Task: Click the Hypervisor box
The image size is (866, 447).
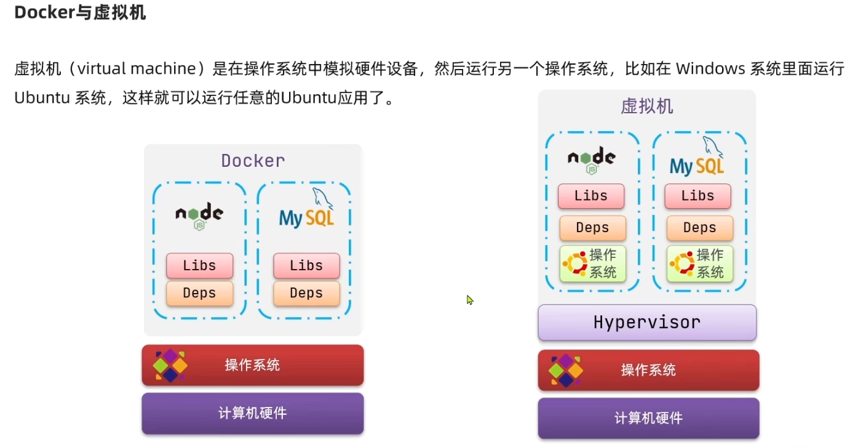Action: tap(647, 322)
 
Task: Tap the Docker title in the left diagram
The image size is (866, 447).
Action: tap(253, 161)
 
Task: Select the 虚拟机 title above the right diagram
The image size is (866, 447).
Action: tap(647, 107)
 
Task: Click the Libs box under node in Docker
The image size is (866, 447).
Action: tap(199, 265)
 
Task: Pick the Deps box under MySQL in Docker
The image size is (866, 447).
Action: tap(306, 293)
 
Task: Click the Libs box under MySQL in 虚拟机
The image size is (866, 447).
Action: tap(697, 196)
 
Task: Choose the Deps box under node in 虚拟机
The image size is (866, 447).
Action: tap(592, 228)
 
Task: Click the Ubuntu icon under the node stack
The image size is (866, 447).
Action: tap(574, 264)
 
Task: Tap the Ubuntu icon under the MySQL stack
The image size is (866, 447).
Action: tap(681, 264)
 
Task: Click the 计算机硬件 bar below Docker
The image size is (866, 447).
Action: tap(253, 413)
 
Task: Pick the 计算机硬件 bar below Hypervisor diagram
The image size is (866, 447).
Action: tap(648, 418)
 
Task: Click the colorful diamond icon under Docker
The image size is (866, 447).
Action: tap(170, 365)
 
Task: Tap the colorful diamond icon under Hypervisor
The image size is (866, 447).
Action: tap(565, 370)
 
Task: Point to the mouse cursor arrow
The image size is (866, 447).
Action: tap(469, 299)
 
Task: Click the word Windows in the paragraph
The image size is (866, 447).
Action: tap(710, 68)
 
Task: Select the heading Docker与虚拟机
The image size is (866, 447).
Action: tap(80, 13)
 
